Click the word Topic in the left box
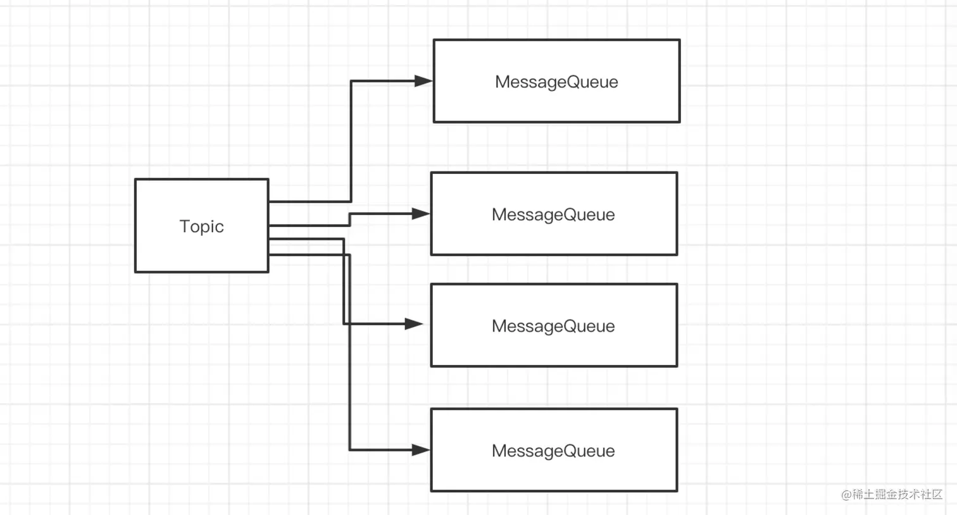[x=201, y=226]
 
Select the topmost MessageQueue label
[x=556, y=82]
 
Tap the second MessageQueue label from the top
[x=553, y=215]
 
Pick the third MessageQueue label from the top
[x=553, y=326]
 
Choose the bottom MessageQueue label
[x=553, y=451]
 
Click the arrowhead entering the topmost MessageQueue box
[x=423, y=81]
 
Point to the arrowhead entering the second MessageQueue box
[x=421, y=214]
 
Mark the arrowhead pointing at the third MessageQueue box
[x=414, y=324]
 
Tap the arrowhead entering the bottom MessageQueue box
[x=421, y=450]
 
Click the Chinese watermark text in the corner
[x=897, y=495]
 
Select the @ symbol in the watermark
[x=846, y=495]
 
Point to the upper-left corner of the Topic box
[x=135, y=180]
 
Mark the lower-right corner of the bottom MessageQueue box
[x=677, y=490]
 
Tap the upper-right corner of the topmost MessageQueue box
[x=679, y=40]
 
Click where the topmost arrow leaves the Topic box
[x=270, y=201]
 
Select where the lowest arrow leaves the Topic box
[x=270, y=254]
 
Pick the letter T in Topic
[x=184, y=226]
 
